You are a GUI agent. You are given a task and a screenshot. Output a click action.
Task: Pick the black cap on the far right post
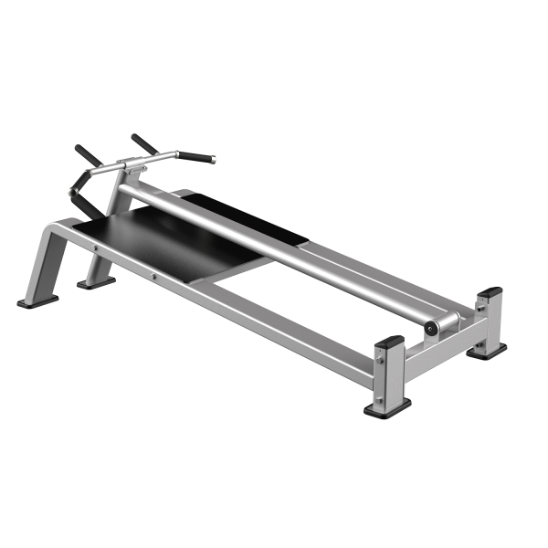click(490, 293)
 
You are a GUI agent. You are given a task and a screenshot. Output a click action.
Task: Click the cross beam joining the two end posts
click(438, 356)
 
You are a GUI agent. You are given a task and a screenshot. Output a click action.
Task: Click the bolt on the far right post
click(479, 312)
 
